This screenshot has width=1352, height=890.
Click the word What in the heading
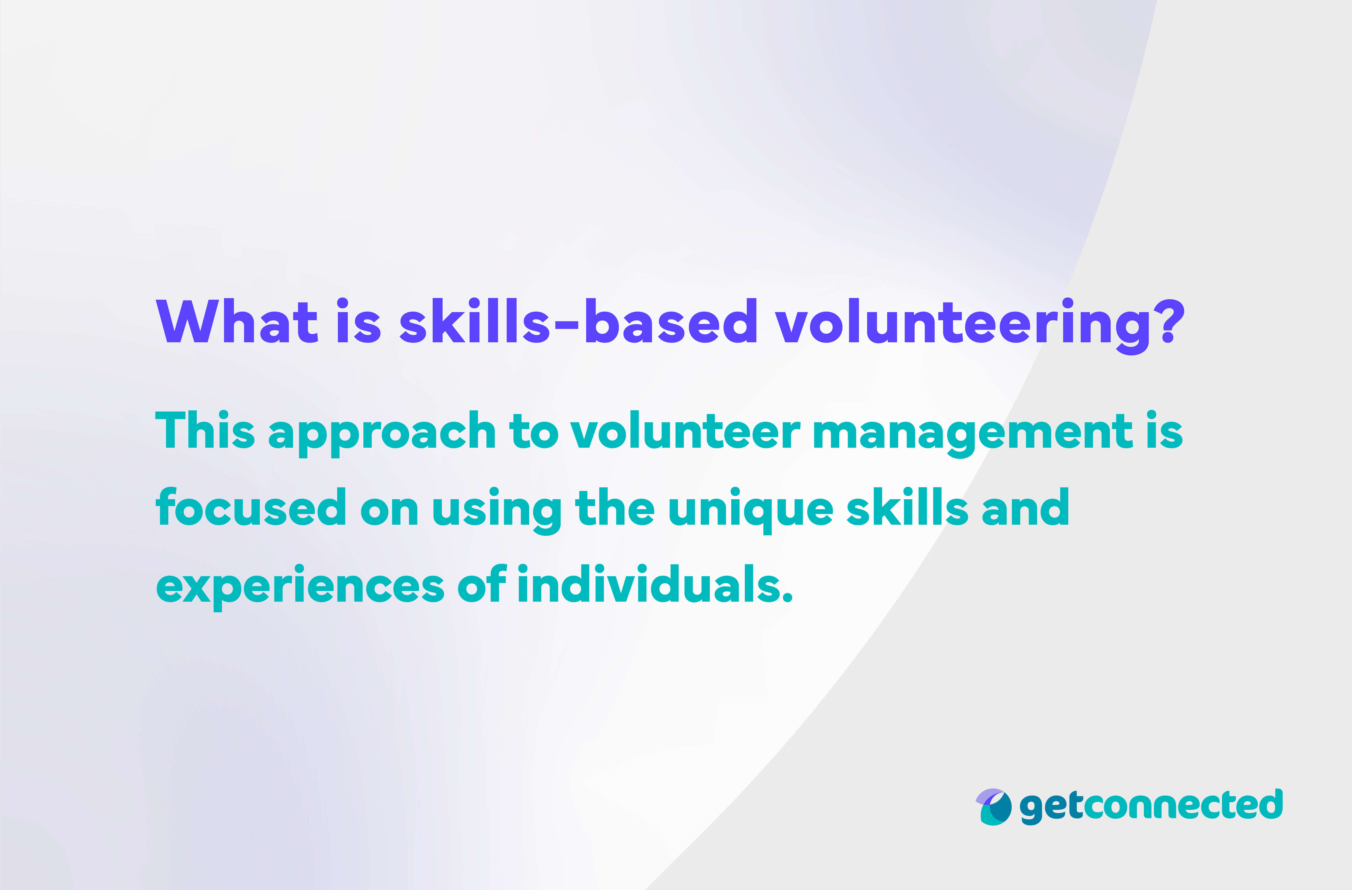(x=236, y=321)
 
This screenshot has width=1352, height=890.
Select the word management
(x=973, y=433)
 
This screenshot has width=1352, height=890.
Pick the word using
(x=497, y=510)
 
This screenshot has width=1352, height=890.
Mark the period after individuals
(x=787, y=596)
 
